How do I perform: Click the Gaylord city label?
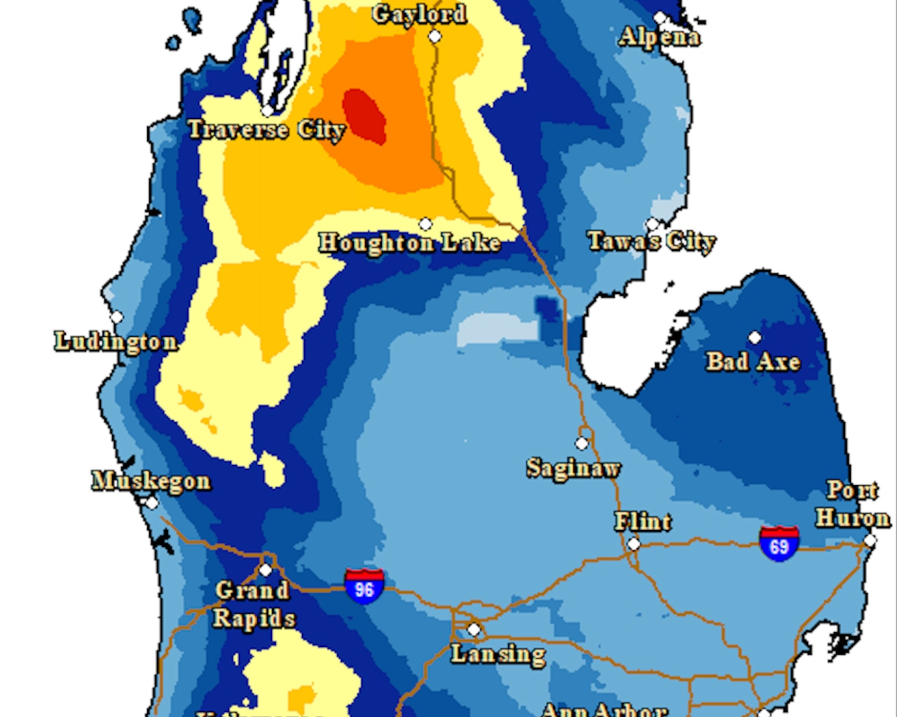419,14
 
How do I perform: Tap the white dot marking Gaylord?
435,36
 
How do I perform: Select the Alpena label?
659,36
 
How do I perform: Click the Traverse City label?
266,130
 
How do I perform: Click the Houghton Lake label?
410,243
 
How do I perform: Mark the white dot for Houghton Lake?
425,224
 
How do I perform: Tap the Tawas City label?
652,242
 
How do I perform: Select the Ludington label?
116,342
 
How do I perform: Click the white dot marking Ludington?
116,317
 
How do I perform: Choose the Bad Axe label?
753,361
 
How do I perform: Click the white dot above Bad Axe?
755,337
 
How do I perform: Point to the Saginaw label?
573,468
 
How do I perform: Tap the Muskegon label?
151,481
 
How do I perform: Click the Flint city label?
643,522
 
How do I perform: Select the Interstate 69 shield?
779,544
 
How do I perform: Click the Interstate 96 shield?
364,587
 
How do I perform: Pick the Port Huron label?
853,504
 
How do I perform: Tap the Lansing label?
498,655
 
